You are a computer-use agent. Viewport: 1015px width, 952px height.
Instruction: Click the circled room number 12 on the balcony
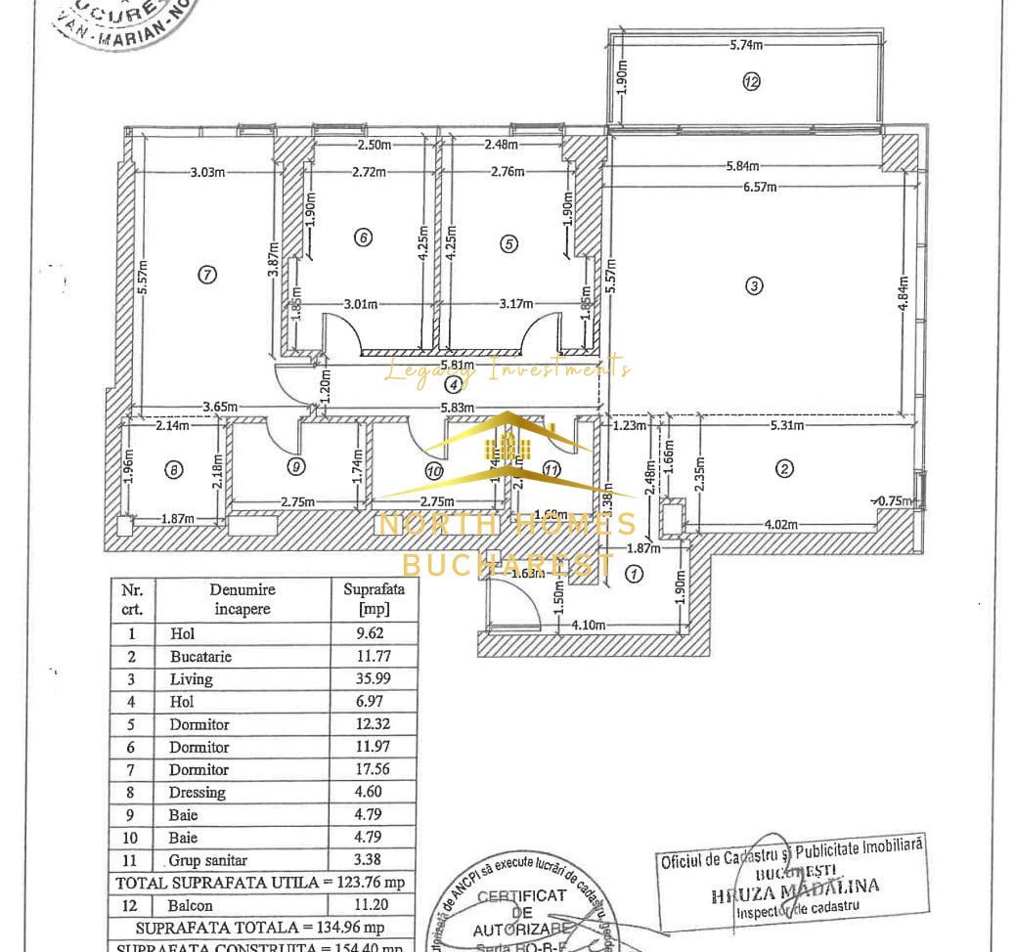click(x=751, y=82)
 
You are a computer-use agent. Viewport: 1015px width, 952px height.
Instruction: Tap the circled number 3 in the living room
click(x=753, y=285)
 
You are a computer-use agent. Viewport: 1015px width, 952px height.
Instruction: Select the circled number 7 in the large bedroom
click(x=206, y=275)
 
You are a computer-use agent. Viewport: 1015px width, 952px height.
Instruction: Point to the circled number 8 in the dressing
click(x=173, y=470)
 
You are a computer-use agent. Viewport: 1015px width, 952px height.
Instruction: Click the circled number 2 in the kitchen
click(x=784, y=469)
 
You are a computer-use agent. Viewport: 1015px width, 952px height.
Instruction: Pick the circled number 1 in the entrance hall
click(x=634, y=574)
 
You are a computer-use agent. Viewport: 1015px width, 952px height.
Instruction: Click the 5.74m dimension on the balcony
click(x=746, y=45)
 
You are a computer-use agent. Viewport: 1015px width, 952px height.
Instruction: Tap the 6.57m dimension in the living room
click(x=759, y=187)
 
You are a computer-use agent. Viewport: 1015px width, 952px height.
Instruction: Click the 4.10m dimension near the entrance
click(x=588, y=625)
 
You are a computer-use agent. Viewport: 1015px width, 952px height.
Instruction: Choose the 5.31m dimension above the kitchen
click(x=787, y=425)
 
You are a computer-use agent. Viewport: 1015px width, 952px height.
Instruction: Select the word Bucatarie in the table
click(x=200, y=657)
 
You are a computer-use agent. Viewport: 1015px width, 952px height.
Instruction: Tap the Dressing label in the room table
click(x=197, y=792)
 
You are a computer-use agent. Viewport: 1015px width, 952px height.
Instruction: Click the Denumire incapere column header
click(x=243, y=599)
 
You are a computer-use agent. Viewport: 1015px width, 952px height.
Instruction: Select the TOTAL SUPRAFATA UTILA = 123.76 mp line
click(x=259, y=883)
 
